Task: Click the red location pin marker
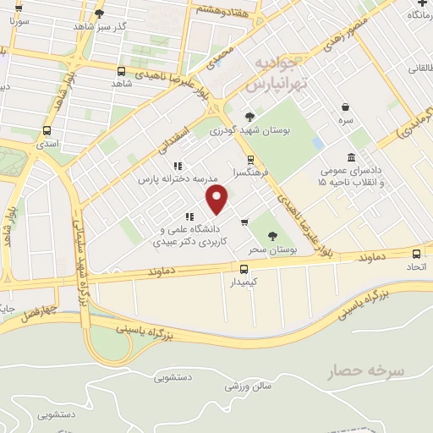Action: [x=218, y=200]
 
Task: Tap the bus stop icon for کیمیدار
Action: [x=244, y=269]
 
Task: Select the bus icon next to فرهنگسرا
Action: [x=250, y=159]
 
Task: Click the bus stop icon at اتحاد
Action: [x=417, y=254]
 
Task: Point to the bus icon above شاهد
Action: [x=122, y=72]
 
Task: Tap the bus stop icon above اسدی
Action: [x=47, y=131]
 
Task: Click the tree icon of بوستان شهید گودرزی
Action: [x=249, y=118]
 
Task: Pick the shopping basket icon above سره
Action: [x=347, y=107]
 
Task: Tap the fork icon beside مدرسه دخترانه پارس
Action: [x=178, y=166]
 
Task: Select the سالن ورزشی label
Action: [x=245, y=385]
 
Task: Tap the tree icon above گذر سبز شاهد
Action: [x=100, y=13]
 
